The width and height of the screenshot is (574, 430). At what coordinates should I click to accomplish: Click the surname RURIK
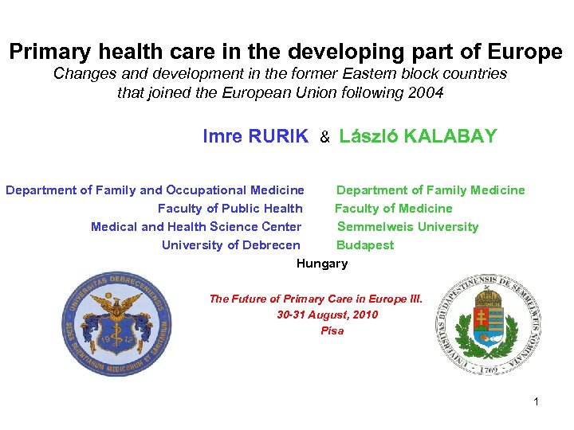277,136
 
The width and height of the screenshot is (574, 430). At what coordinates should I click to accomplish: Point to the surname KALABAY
451,136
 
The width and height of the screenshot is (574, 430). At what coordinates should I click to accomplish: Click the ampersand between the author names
324,138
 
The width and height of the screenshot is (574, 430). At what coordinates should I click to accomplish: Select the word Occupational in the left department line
206,190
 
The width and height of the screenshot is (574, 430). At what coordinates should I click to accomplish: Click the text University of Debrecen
231,245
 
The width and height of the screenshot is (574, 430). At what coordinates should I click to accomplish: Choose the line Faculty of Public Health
230,209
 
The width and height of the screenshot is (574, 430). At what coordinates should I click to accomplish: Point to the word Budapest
365,245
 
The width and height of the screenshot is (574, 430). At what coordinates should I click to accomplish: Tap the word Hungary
322,264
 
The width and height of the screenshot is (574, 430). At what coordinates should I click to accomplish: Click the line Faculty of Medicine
393,209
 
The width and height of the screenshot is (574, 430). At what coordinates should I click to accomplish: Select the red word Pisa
332,330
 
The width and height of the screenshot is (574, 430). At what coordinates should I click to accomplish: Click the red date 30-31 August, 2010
327,315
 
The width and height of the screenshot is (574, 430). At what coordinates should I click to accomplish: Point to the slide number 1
537,401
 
